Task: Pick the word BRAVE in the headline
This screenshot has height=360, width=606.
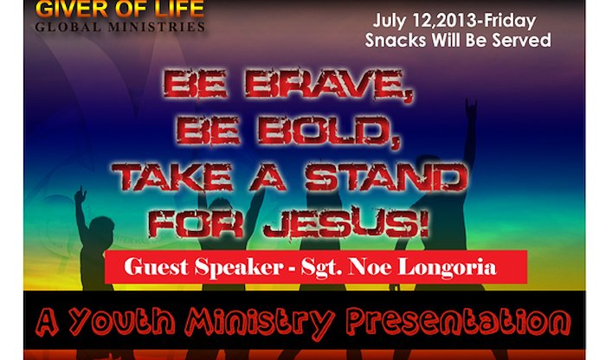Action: (x=328, y=85)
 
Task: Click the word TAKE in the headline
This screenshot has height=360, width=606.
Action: (x=172, y=177)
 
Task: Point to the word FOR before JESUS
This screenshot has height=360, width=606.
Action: (x=196, y=223)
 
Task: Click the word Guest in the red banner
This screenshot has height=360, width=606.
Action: (x=156, y=267)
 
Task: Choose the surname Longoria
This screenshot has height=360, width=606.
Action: (x=448, y=267)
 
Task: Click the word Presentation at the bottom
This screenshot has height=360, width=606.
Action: (x=458, y=321)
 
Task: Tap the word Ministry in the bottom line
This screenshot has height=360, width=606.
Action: (x=260, y=322)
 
